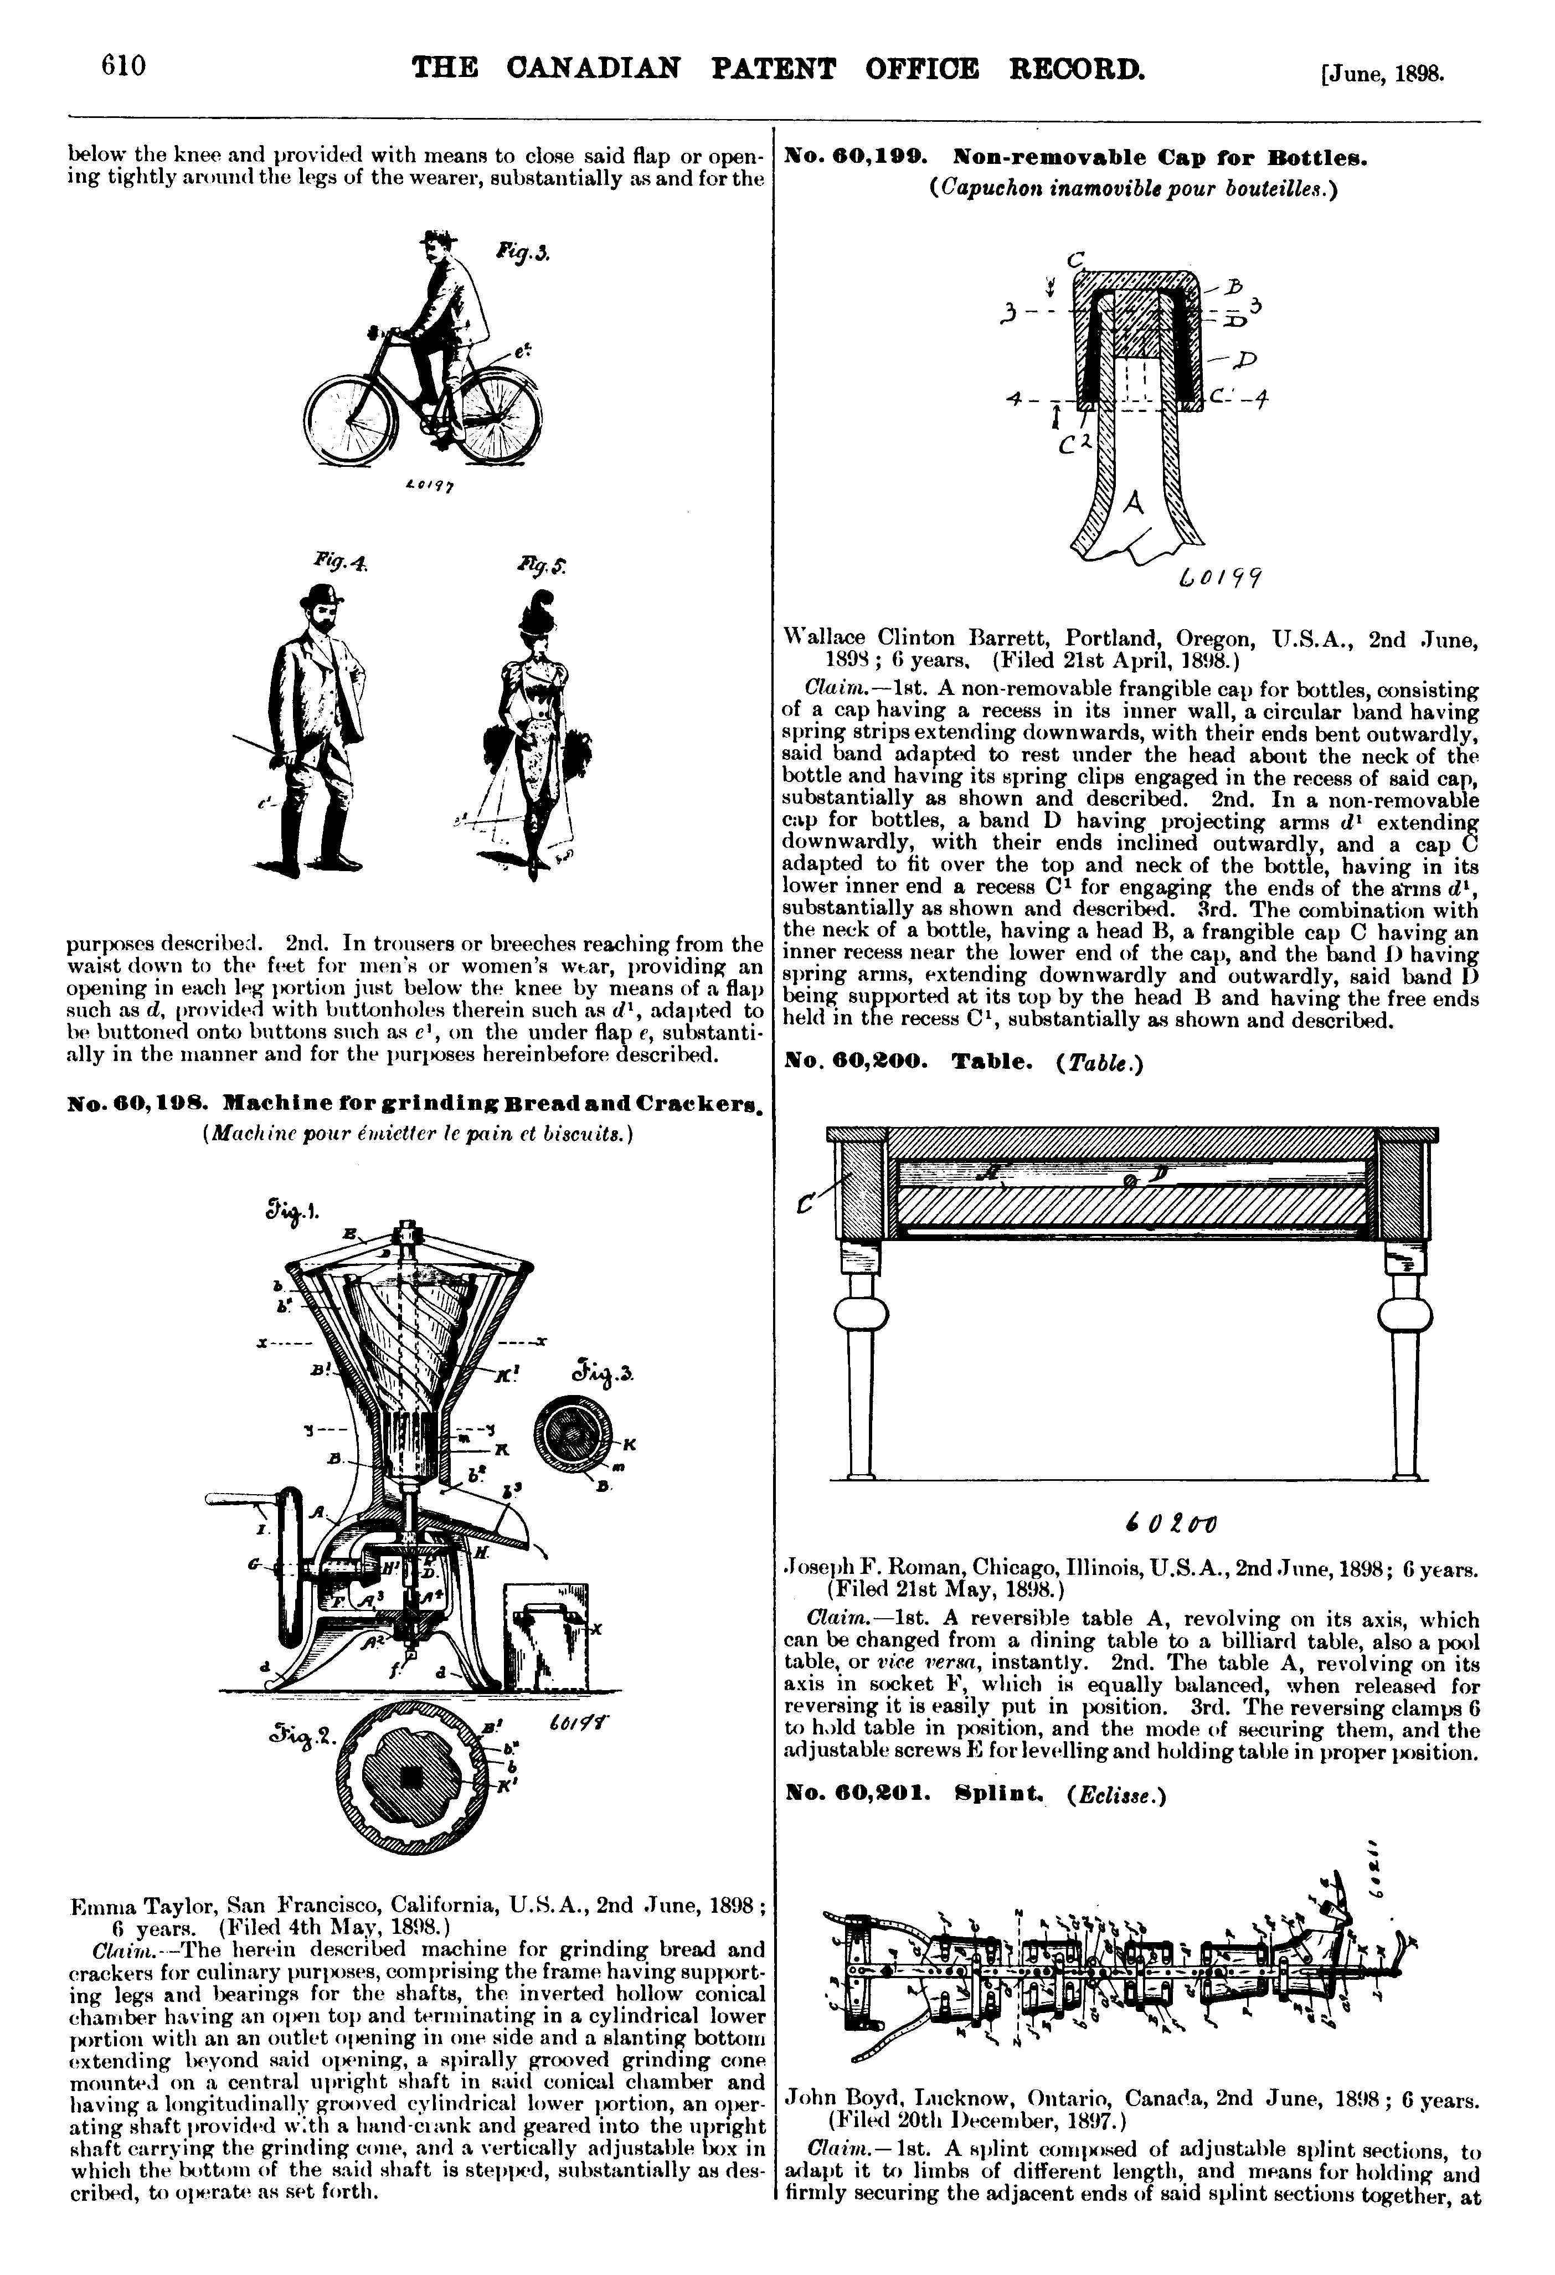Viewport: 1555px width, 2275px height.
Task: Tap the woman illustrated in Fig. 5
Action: tap(533, 724)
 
